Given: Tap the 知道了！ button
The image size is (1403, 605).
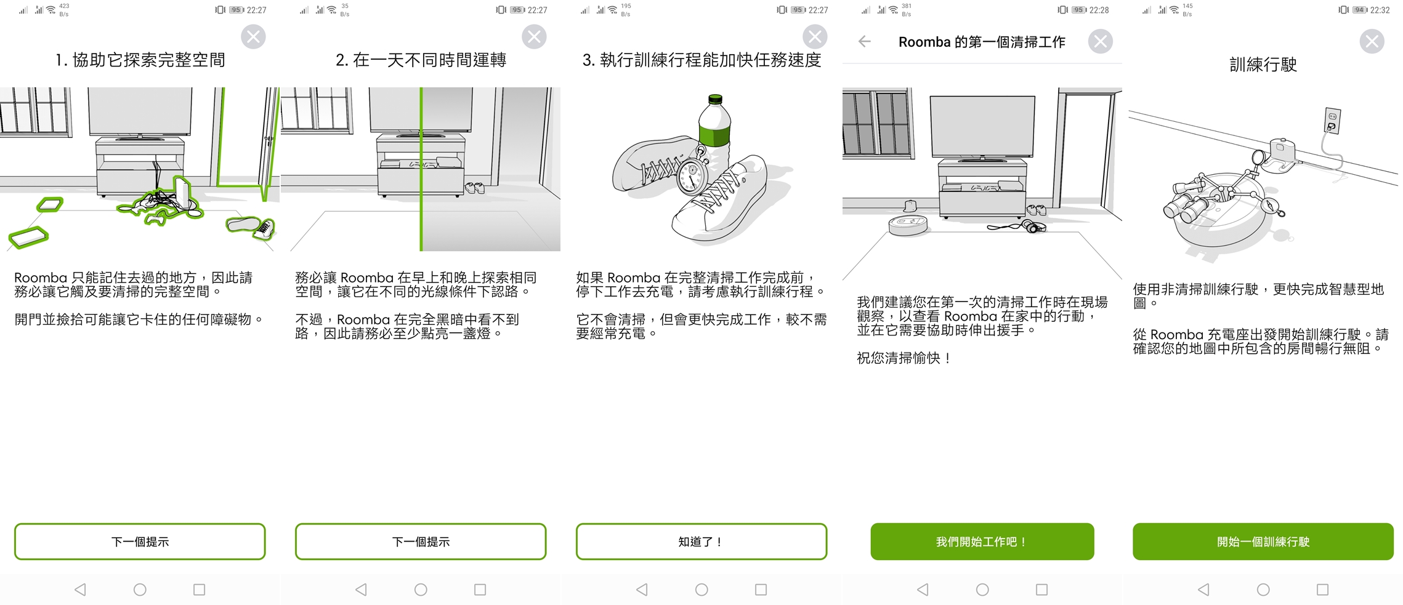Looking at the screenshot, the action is pos(701,542).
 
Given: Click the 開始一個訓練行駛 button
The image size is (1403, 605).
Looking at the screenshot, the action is pos(1263,542).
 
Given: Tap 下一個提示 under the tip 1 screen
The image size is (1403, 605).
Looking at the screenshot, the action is pos(140,542).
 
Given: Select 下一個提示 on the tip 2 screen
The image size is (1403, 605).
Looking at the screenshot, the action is pos(421,542).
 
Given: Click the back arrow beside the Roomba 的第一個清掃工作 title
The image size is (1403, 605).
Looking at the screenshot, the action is pos(865,41).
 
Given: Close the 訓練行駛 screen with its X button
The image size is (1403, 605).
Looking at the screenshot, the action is pos(1372,41).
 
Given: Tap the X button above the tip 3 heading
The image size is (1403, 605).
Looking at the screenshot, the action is pos(815,37).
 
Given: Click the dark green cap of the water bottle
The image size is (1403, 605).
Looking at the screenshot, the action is pos(715,100).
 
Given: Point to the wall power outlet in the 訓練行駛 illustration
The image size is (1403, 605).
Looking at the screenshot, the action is pos(1332,120).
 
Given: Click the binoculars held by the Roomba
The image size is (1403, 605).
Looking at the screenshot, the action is pos(1185,201).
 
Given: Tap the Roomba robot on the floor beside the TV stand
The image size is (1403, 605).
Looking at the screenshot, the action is pos(908,225).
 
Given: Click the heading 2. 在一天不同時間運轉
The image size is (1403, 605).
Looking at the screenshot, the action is pos(421,60).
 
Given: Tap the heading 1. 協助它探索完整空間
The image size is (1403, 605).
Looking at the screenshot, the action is pos(140,60).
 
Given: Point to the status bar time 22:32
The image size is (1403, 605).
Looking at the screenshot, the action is pos(1380,10).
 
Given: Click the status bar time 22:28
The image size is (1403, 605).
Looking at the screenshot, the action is pos(1099,10).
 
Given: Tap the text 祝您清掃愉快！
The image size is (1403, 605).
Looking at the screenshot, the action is pos(904,358).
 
